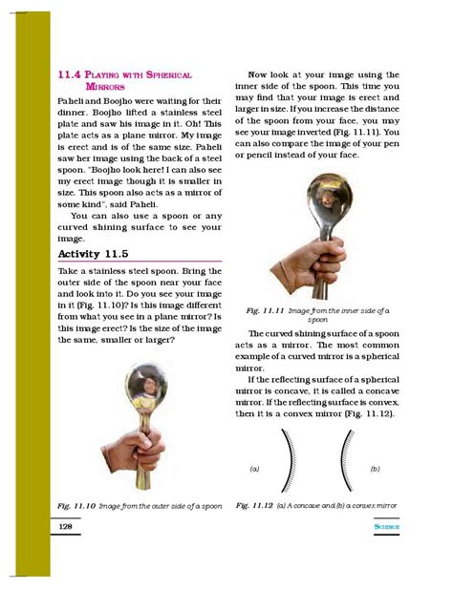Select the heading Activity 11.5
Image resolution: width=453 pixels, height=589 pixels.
(x=93, y=255)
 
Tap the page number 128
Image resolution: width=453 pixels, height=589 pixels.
(x=67, y=526)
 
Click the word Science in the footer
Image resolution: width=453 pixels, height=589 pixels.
(x=387, y=526)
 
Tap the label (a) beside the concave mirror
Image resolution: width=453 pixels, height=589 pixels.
(x=255, y=470)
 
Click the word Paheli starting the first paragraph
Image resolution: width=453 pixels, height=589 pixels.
(x=74, y=99)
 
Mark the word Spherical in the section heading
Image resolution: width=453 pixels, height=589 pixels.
(x=167, y=74)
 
